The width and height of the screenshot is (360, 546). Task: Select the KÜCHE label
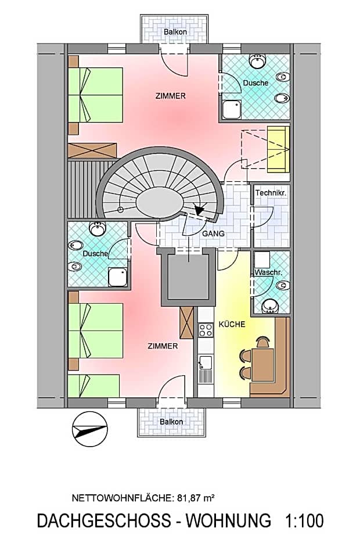232,324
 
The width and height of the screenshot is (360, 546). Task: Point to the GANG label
213,234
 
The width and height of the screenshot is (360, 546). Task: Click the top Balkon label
175,32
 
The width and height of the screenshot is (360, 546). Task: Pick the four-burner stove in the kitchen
206,331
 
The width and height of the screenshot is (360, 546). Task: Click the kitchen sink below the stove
205,365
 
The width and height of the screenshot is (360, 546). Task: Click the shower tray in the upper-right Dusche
232,109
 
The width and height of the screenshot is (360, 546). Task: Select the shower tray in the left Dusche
118,276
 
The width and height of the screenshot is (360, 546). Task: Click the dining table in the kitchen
263,364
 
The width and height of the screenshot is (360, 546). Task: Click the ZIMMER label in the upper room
171,96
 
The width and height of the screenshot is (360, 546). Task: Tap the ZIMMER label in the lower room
163,346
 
